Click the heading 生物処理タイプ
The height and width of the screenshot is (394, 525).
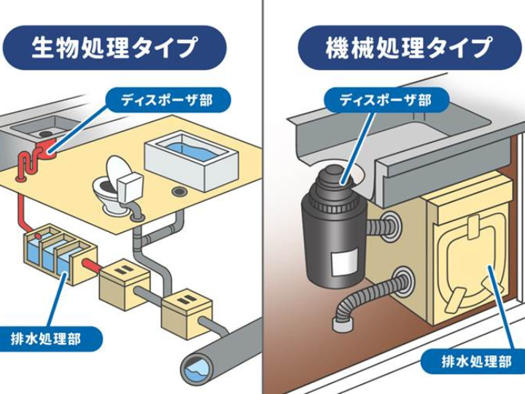[x=114, y=48]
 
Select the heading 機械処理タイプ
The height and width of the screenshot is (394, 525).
[x=408, y=48]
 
